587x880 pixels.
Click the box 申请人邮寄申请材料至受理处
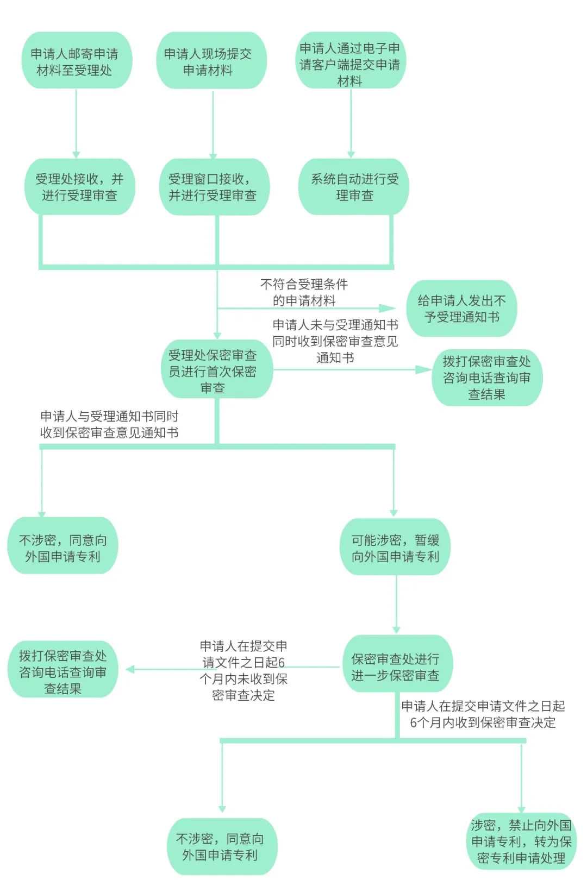(77, 60)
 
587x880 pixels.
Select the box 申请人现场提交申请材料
(211, 60)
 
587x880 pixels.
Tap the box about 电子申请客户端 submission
(351, 60)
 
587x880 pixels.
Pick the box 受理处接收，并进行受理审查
(80, 187)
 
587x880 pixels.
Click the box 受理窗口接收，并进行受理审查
(214, 187)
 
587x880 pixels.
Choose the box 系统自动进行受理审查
(353, 187)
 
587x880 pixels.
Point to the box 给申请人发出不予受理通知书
(461, 309)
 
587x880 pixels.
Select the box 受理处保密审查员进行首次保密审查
(217, 369)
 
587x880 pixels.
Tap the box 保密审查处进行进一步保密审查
(397, 664)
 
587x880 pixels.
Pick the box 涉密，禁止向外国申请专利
(521, 841)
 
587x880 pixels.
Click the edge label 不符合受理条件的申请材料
(304, 292)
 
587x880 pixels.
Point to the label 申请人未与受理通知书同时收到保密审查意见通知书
(335, 341)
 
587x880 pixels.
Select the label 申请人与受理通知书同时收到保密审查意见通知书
(109, 424)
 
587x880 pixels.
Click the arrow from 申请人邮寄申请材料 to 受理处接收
(76, 124)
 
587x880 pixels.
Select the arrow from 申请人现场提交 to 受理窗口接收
(213, 125)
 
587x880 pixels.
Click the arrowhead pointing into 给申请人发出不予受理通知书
(388, 309)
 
